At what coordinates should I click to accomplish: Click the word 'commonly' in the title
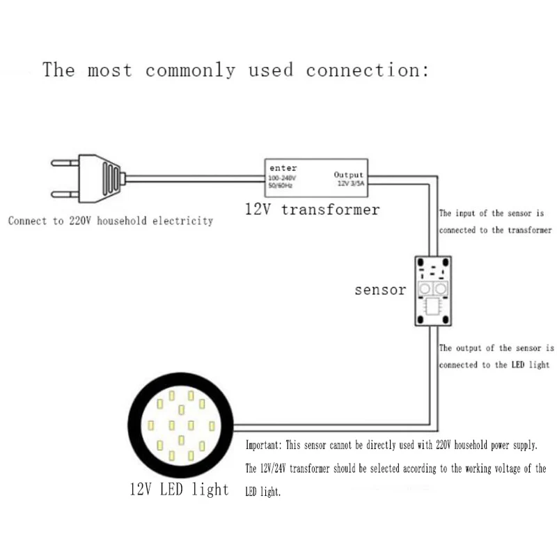point(190,70)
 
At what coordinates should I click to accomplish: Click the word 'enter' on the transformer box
point(283,168)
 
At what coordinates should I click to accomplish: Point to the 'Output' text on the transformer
point(349,175)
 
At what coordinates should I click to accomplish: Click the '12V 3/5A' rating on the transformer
point(350,183)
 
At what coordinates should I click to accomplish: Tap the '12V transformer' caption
point(312,209)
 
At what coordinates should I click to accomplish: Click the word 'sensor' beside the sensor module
point(379,290)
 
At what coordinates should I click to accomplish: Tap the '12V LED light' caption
point(179,489)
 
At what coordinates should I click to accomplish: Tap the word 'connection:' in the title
point(367,70)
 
